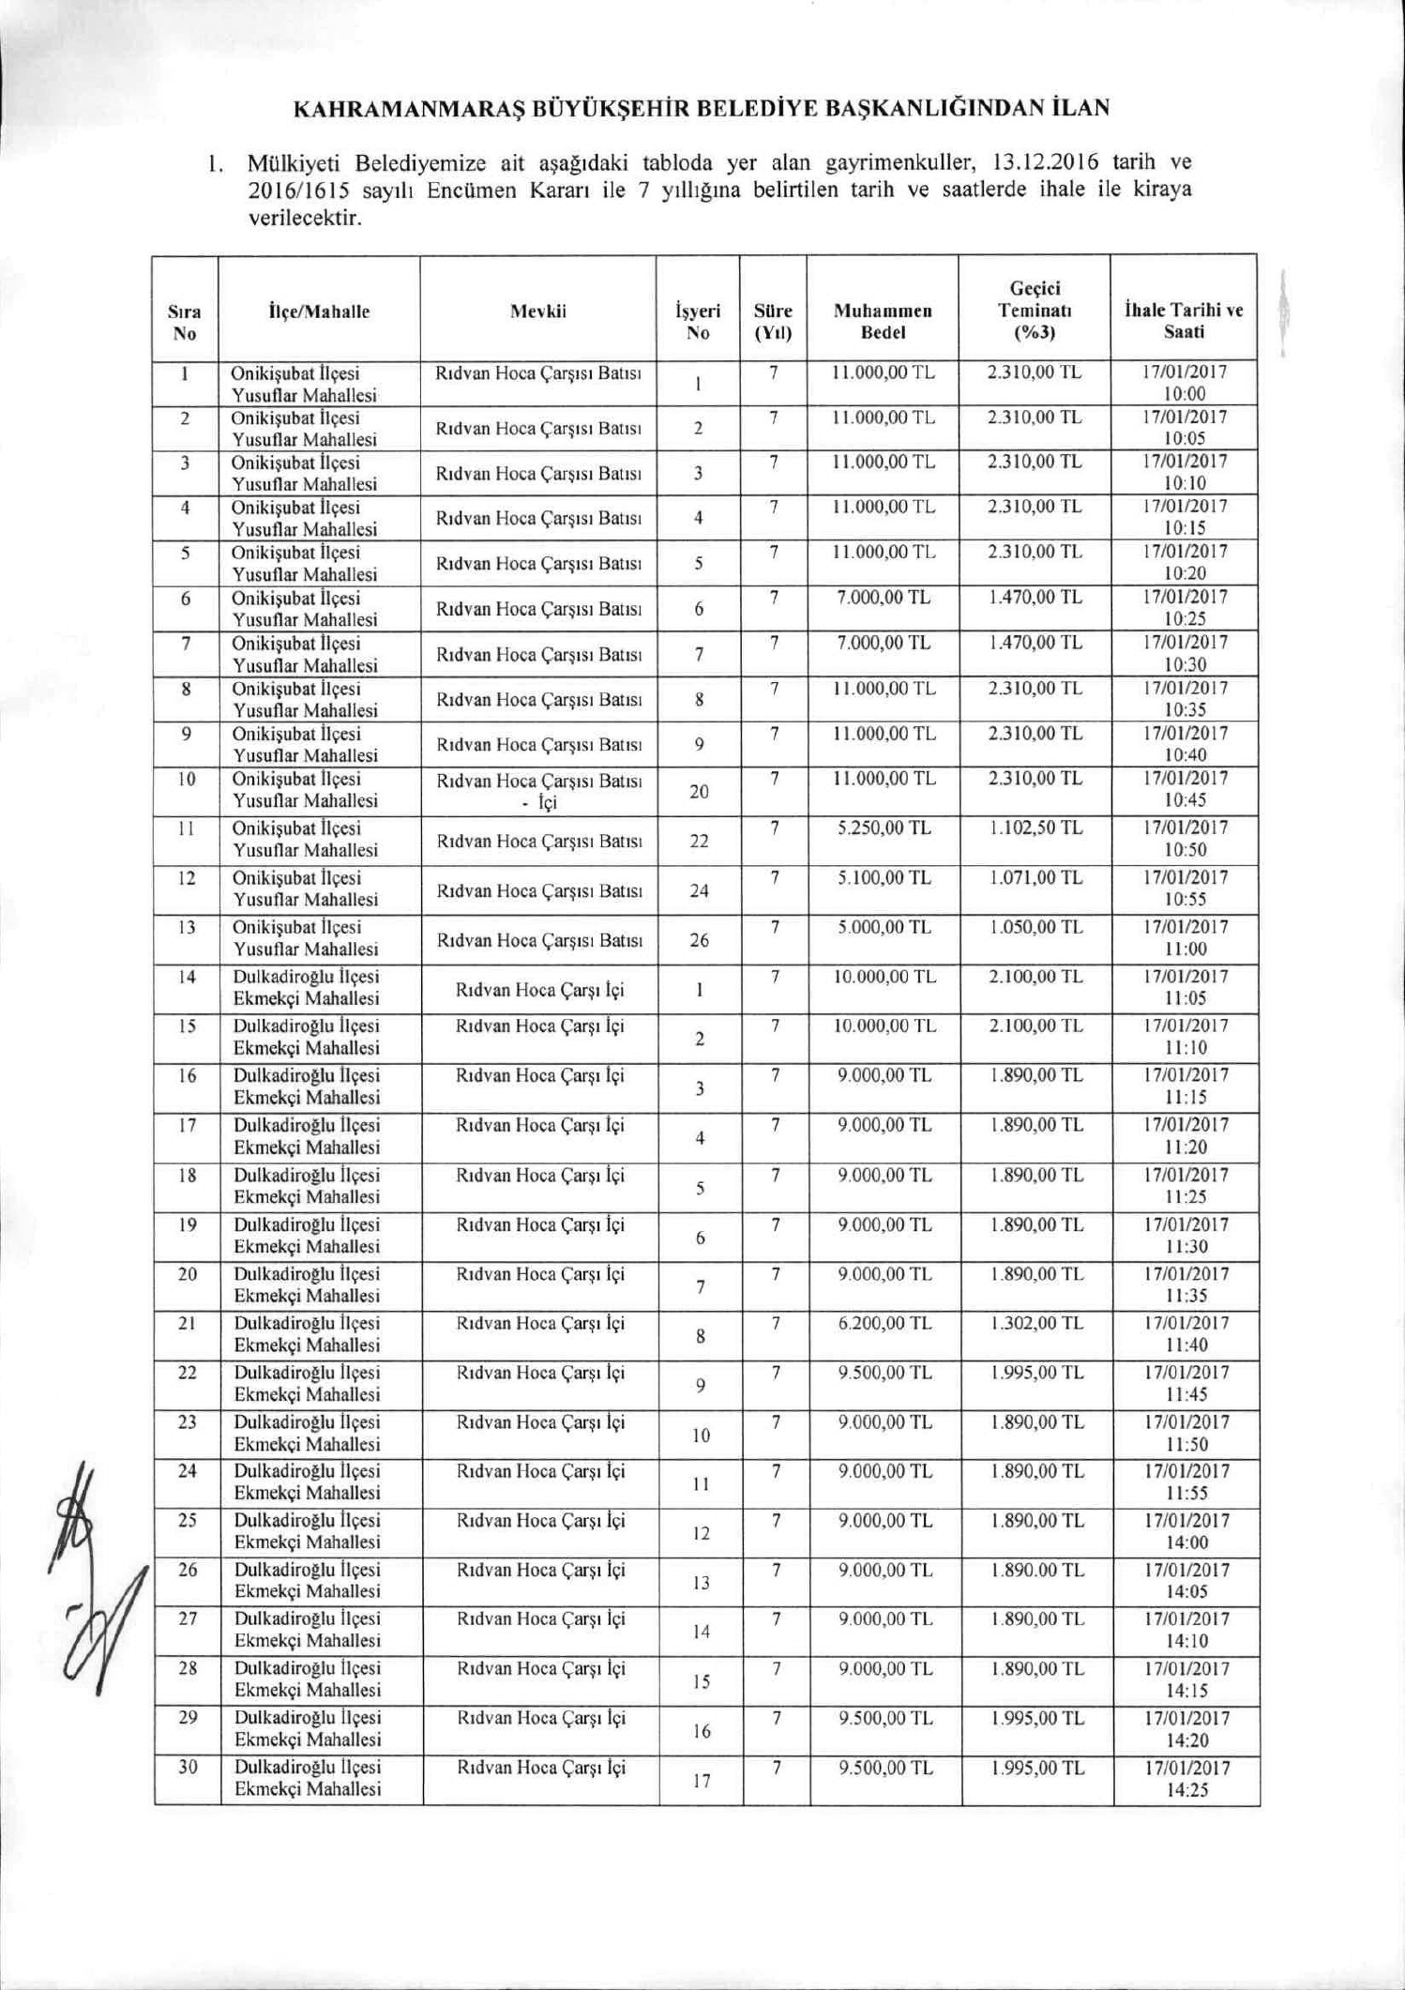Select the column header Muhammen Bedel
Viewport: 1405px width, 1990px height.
[882, 321]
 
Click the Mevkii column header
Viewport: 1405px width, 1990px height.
[537, 311]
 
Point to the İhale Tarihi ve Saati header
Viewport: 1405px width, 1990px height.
[1184, 321]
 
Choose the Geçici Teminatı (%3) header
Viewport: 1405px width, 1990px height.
[1034, 310]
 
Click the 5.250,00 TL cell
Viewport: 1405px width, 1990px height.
[884, 828]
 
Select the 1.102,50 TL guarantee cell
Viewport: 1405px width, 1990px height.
[1035, 828]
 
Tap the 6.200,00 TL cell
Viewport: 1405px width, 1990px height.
[884, 1324]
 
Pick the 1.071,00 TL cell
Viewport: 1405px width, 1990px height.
[1035, 878]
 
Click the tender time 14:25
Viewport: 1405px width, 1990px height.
[1186, 1789]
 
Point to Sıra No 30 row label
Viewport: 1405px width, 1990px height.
[188, 1768]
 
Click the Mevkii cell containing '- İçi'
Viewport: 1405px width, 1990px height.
[539, 791]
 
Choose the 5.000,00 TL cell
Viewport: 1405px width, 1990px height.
[884, 928]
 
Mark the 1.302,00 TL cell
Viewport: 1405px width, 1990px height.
[1035, 1324]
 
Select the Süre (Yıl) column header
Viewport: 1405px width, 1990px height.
[773, 321]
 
